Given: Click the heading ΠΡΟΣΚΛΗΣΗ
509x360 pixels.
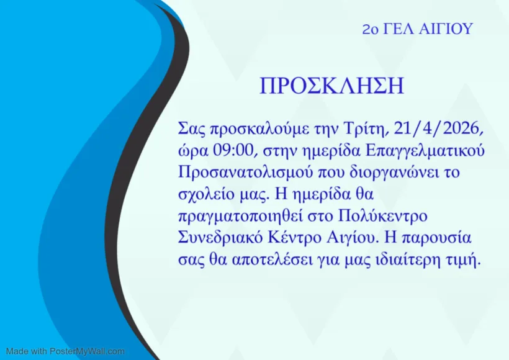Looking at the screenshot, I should coord(331,86).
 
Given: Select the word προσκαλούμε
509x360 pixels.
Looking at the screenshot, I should coord(257,129).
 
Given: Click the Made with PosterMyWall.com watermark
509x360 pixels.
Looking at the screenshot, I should coord(65,351).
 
